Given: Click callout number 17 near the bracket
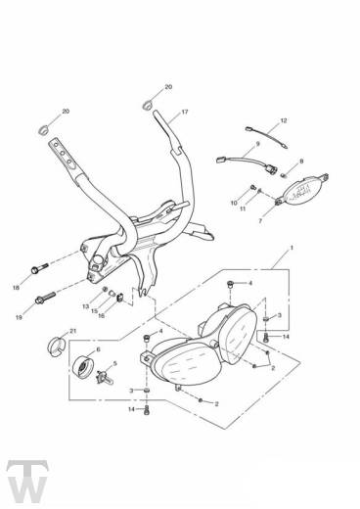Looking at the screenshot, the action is click(x=184, y=113).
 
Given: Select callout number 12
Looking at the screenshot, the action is click(x=284, y=120).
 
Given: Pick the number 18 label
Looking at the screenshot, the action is click(x=17, y=288).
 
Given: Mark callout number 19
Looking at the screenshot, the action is click(x=18, y=318).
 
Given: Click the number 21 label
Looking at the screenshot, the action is click(x=72, y=332).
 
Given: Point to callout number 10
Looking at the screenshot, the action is click(x=234, y=203).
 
